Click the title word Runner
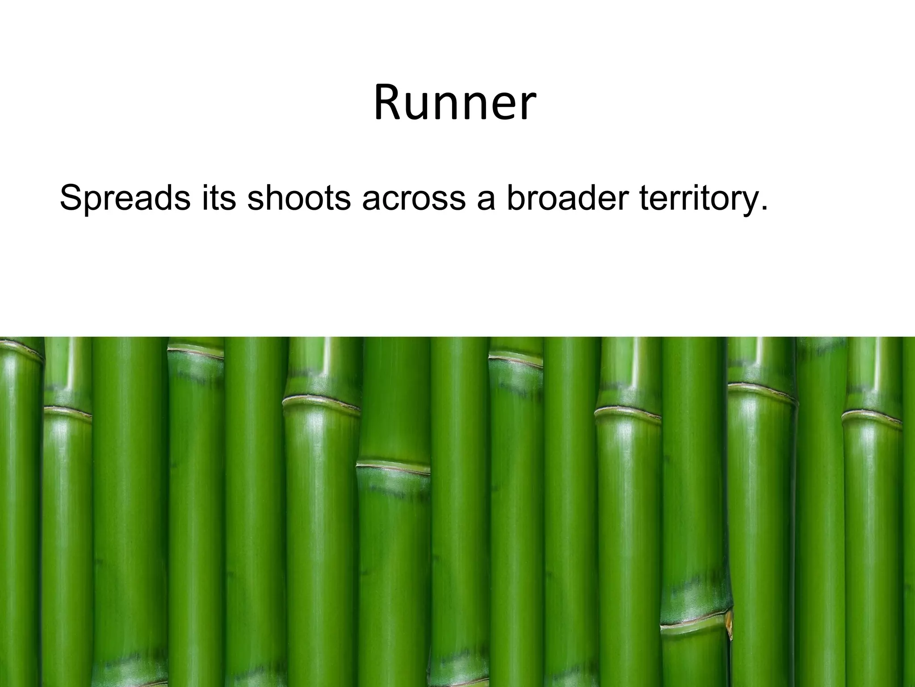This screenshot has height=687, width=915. [454, 103]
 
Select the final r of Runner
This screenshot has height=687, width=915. [527, 107]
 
